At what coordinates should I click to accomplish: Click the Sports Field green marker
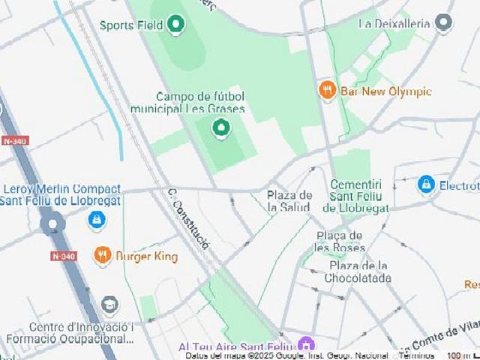point(176,25)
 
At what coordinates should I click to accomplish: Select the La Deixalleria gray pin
point(444,23)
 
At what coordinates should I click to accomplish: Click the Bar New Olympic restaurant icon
point(327,91)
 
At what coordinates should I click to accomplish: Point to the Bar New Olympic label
point(385,91)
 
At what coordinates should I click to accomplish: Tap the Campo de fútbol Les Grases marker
point(220,129)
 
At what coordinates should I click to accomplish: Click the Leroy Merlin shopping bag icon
point(96,220)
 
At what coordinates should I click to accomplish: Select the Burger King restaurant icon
point(103,256)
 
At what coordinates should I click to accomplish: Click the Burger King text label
point(146,256)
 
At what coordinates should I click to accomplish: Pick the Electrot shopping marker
point(426,184)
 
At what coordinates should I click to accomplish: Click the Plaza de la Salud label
point(289,201)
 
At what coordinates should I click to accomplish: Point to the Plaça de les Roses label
point(339,241)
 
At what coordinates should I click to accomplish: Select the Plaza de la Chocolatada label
point(358,271)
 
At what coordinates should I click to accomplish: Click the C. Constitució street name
point(188,218)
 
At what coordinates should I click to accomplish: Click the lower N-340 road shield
point(63,256)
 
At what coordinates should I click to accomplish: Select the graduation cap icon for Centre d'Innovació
point(109,305)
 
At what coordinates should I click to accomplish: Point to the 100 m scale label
point(455,355)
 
